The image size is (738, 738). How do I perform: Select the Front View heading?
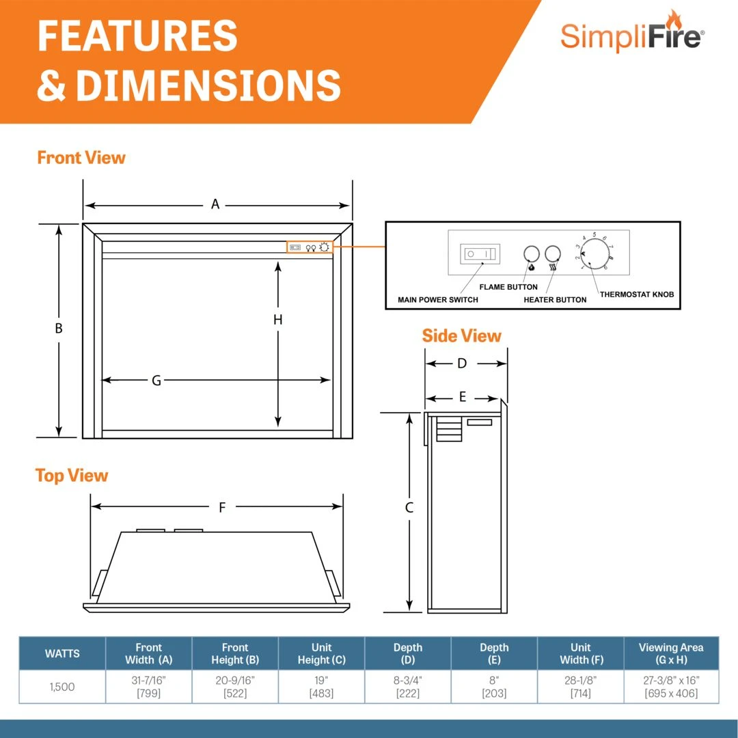coord(81,158)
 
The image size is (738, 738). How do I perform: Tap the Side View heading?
coord(461,336)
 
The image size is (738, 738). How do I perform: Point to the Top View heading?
coord(72,476)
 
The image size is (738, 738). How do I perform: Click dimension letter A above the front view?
coord(215,204)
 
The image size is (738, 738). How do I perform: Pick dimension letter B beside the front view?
coord(59,329)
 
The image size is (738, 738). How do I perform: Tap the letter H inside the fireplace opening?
coord(278,319)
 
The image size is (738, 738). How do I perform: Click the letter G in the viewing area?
coord(156,381)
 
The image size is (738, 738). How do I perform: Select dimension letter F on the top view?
coord(222,507)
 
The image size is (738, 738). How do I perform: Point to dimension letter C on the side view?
coord(409,508)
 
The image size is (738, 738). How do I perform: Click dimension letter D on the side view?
coord(462,364)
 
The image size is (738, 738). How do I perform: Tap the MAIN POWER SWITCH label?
coord(438,299)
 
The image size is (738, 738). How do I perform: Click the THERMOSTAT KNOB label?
coord(637,295)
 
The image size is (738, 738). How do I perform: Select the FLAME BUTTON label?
coord(508,287)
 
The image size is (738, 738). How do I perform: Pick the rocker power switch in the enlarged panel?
coord(479,253)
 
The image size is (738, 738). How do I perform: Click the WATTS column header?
coord(62,653)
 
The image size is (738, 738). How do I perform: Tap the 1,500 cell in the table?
coord(62,687)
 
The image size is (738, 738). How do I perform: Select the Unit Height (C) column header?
coord(321,653)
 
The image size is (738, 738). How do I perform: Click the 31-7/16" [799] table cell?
coord(148,687)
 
